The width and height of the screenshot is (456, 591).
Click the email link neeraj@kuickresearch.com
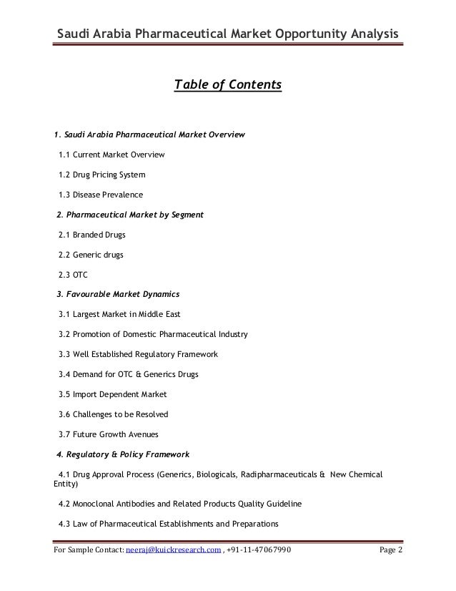(173, 550)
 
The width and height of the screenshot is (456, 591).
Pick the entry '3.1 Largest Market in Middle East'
(119, 313)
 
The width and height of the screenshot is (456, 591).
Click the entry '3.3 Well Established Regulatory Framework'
(138, 353)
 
